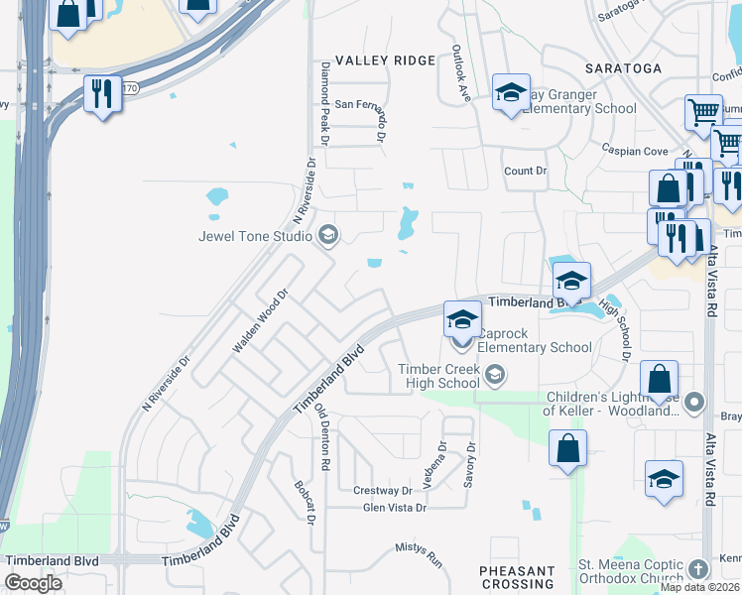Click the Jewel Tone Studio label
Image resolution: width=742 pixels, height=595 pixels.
point(256,236)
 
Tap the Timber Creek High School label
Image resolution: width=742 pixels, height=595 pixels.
point(439,376)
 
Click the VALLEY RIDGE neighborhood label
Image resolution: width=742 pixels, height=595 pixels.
point(385,61)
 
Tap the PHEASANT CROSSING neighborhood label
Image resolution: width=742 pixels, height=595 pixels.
point(517,578)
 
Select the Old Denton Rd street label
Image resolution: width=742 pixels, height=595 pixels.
point(321,436)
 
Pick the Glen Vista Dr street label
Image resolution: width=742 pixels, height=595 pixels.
point(394,508)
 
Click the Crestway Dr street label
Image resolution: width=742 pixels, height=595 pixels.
point(382,491)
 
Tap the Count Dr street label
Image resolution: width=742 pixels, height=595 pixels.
point(526,171)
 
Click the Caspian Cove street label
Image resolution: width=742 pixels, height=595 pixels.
point(634,151)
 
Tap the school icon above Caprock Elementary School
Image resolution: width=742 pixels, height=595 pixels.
point(462,319)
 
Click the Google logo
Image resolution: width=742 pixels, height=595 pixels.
point(33,583)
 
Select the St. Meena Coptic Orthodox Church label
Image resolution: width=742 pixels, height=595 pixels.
point(631,572)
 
